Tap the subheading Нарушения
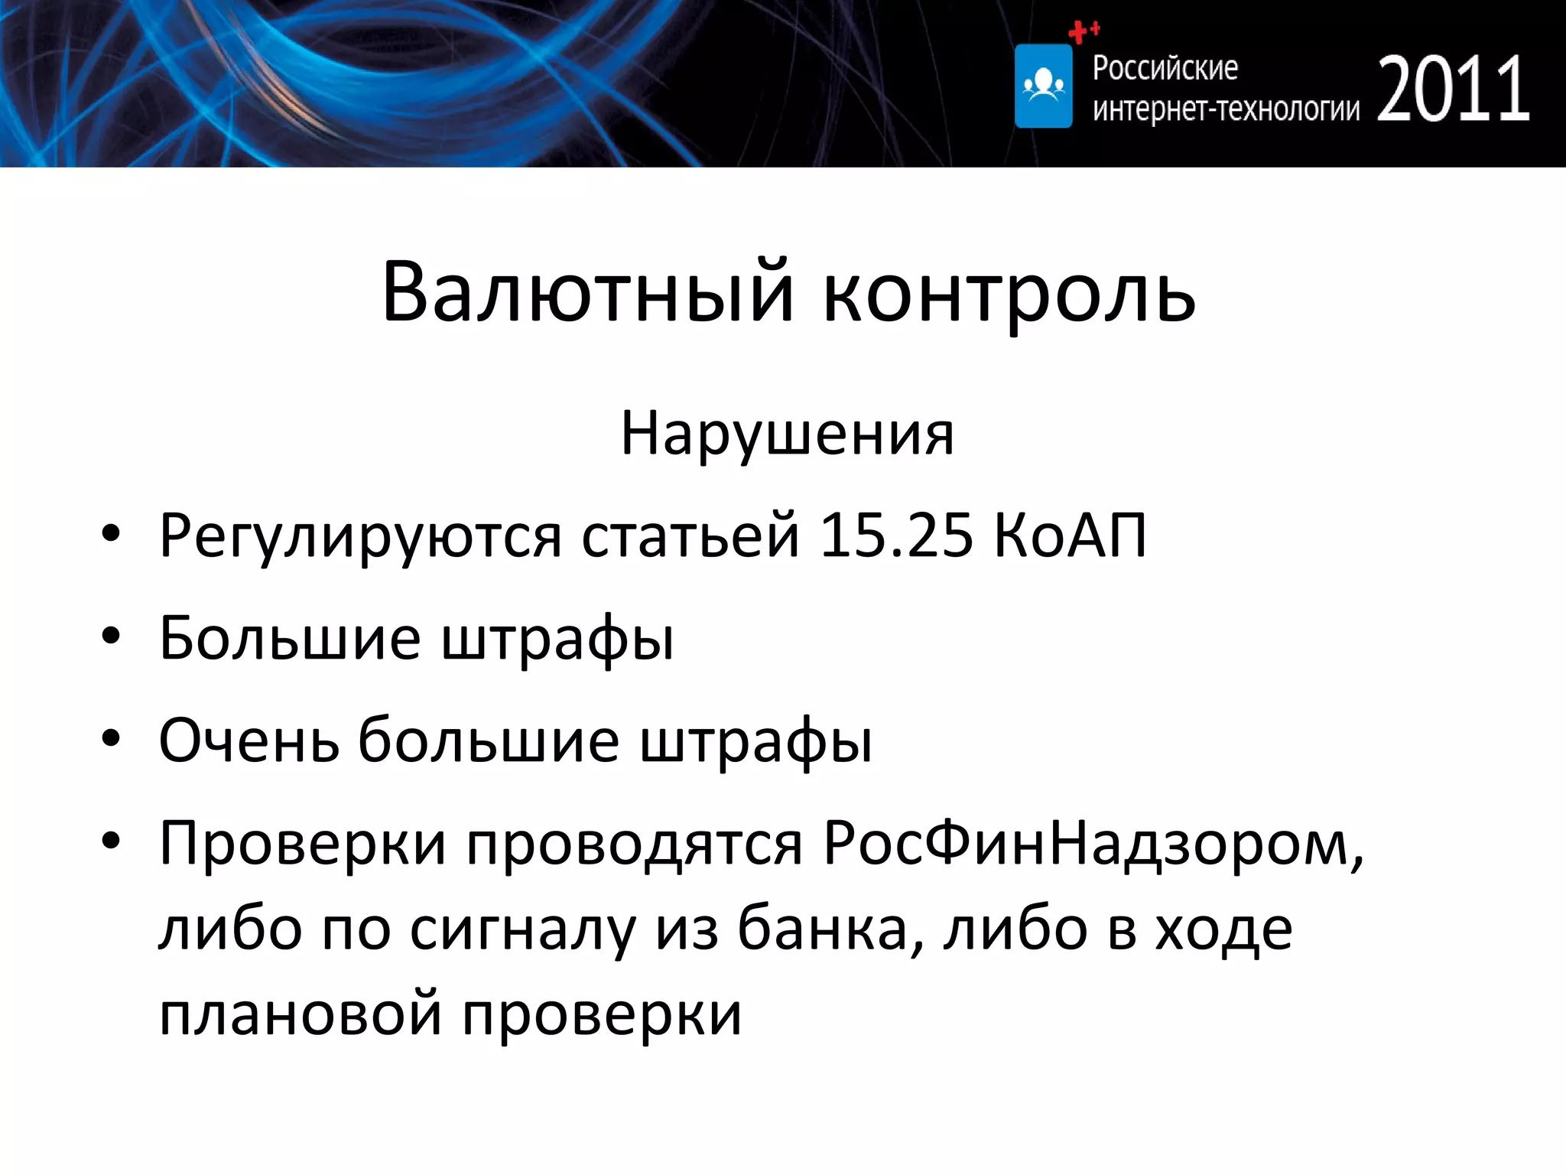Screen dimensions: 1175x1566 787,434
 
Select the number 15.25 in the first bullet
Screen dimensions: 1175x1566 896,535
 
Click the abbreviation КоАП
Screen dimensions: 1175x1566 1071,535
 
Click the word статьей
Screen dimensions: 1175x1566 690,535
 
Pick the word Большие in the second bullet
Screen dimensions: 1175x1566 290,637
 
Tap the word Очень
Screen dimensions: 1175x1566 249,740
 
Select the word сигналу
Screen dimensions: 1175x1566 523,930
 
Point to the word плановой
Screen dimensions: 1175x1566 301,1014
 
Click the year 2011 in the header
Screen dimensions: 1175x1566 1453,90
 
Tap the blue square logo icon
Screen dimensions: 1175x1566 1043,86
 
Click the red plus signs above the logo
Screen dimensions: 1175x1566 1083,31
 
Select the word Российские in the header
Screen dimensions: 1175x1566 1165,68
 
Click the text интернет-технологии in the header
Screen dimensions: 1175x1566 1226,109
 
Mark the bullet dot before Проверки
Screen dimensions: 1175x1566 111,841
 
